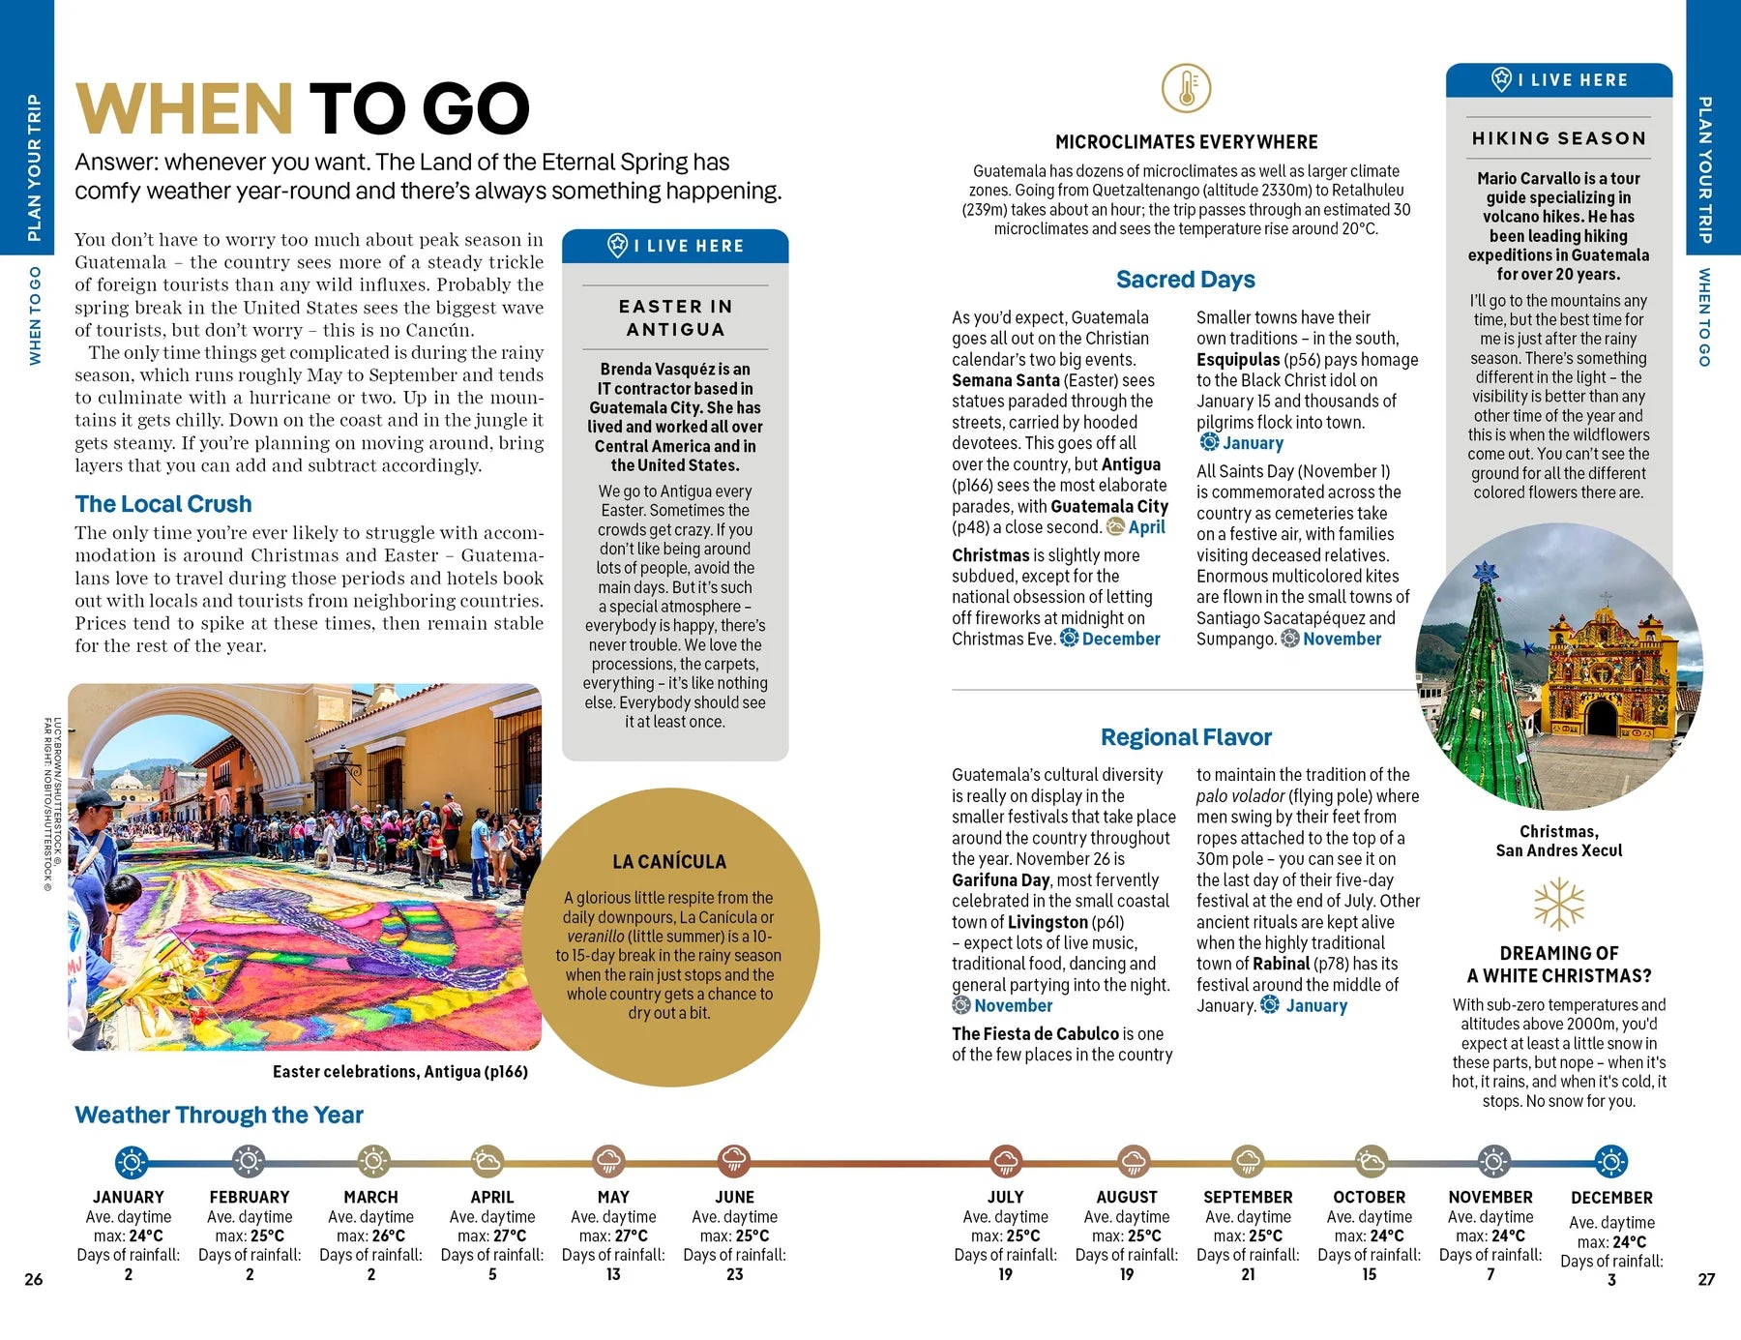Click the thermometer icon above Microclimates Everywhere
coord(1186,88)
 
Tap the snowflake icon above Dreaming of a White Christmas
coord(1558,904)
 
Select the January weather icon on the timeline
coord(132,1161)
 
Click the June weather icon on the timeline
coord(734,1161)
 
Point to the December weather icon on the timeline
coord(1610,1161)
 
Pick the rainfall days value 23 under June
coord(734,1274)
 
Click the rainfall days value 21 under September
coord(1248,1274)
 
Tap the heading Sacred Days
coord(1185,280)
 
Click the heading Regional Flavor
coord(1186,737)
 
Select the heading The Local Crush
coord(163,504)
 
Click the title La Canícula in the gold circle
coord(668,861)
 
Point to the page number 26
coord(34,1279)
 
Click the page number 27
coord(1706,1279)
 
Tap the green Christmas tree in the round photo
coord(1480,677)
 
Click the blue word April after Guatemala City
coord(1146,527)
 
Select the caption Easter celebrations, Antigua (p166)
coord(399,1071)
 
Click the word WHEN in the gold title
coord(184,108)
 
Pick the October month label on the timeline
coord(1369,1197)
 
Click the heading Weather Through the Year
coord(219,1115)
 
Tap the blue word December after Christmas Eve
coord(1120,639)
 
